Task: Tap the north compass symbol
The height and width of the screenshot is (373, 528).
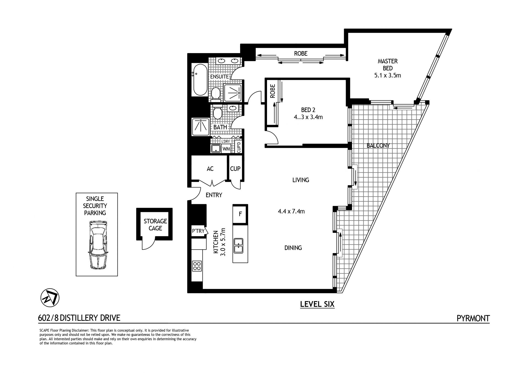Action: click(50, 298)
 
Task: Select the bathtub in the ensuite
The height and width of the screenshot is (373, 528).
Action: click(200, 80)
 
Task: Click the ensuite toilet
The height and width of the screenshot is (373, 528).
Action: click(216, 93)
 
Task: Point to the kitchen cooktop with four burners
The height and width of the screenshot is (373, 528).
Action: click(197, 266)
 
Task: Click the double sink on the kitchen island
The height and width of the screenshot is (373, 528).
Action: click(238, 245)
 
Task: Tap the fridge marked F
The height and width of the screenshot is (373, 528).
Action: click(240, 214)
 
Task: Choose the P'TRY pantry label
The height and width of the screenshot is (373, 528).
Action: click(198, 231)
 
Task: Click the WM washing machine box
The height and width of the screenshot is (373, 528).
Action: click(226, 149)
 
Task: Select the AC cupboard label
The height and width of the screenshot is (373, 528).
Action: click(210, 169)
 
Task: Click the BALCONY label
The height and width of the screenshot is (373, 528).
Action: click(378, 146)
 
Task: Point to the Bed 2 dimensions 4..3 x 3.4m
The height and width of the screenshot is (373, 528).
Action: click(308, 117)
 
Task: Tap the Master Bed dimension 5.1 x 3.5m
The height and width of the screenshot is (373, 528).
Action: click(387, 75)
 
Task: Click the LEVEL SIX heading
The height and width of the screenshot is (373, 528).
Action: click(317, 304)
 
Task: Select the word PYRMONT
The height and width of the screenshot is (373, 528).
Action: click(473, 318)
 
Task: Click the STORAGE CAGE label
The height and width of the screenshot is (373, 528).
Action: click(155, 225)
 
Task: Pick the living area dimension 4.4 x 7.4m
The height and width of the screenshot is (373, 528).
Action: click(291, 211)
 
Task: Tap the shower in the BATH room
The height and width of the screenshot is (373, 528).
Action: click(200, 126)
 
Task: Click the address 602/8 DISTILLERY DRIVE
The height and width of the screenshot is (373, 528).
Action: click(79, 318)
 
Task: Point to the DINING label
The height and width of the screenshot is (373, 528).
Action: click(293, 248)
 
